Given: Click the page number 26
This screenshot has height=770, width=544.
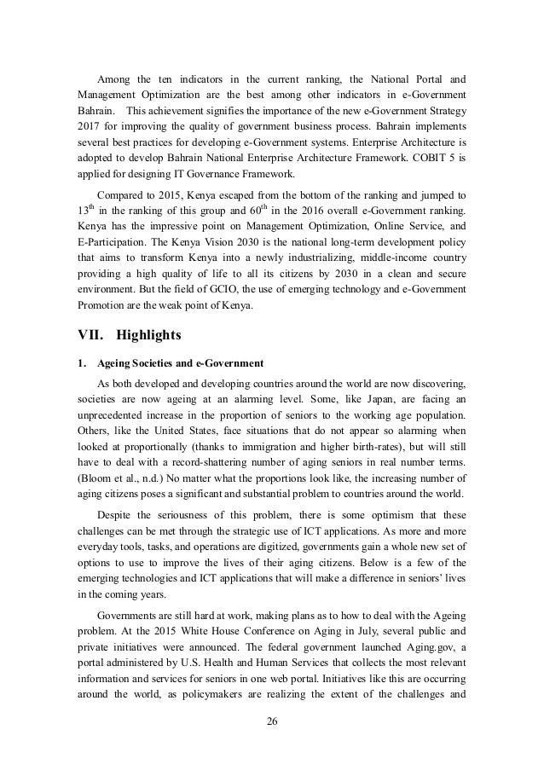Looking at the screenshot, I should point(272,724).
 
